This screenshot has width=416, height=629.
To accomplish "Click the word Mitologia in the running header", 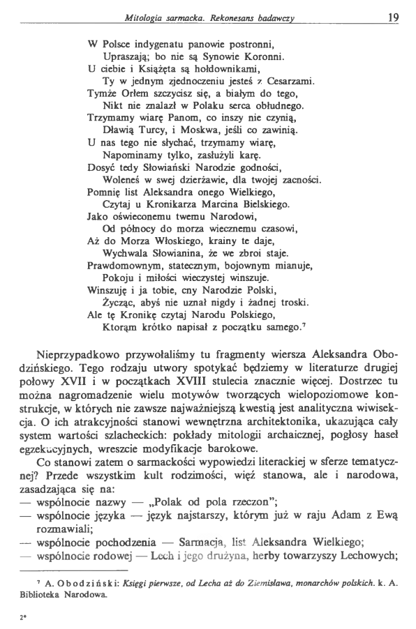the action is point(145,17).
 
